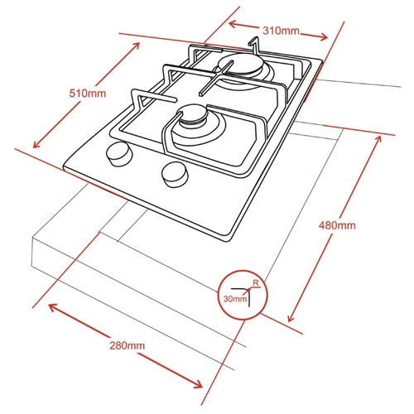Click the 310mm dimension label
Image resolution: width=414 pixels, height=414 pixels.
(281, 31)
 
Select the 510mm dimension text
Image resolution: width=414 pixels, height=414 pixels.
(88, 94)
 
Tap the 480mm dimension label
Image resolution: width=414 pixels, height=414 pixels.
(337, 225)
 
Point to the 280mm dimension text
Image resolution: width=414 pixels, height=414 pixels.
(127, 345)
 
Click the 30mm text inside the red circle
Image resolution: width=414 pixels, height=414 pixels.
(235, 299)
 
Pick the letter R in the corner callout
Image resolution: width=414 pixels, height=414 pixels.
(255, 282)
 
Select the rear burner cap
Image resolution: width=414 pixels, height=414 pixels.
(239, 66)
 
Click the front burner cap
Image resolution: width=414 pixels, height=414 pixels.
(195, 113)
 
